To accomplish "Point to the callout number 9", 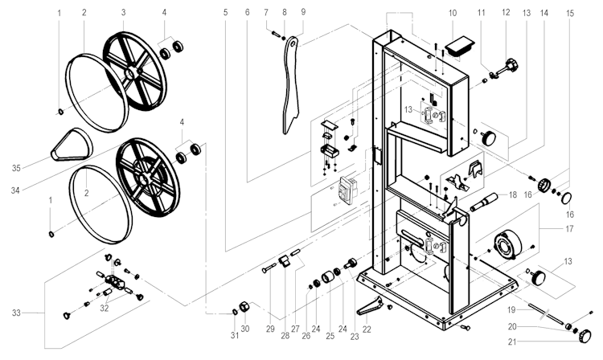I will (302, 14).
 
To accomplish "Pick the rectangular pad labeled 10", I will (461, 43).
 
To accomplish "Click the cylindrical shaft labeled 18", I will (489, 198).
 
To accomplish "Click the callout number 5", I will (226, 14).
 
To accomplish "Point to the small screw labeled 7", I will (276, 35).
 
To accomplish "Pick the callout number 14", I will (546, 14).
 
